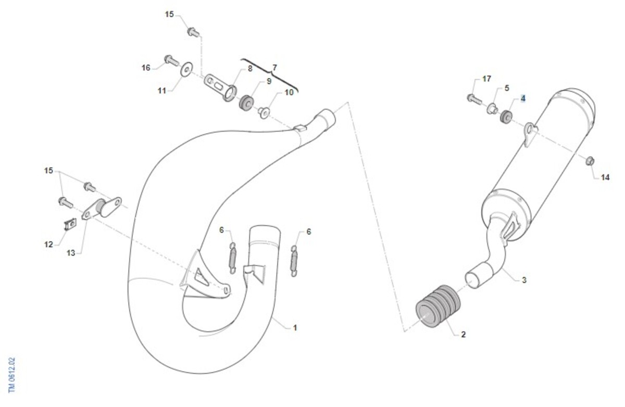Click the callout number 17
(x=486, y=79)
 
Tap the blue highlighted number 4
(x=523, y=98)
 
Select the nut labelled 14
(x=590, y=161)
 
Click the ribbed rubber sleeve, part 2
(x=438, y=306)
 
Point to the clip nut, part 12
(x=71, y=224)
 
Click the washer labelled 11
(x=186, y=69)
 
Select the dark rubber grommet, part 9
(x=246, y=103)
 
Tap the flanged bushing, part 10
(x=264, y=112)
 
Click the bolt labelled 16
(x=171, y=60)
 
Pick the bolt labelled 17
(x=474, y=99)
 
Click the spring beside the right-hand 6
(x=294, y=261)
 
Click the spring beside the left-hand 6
(x=232, y=258)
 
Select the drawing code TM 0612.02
(x=11, y=375)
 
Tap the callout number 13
(x=71, y=253)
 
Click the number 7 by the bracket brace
(x=274, y=68)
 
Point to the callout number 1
(x=295, y=328)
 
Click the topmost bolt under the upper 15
(x=193, y=32)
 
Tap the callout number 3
(x=524, y=280)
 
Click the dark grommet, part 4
(x=506, y=117)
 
